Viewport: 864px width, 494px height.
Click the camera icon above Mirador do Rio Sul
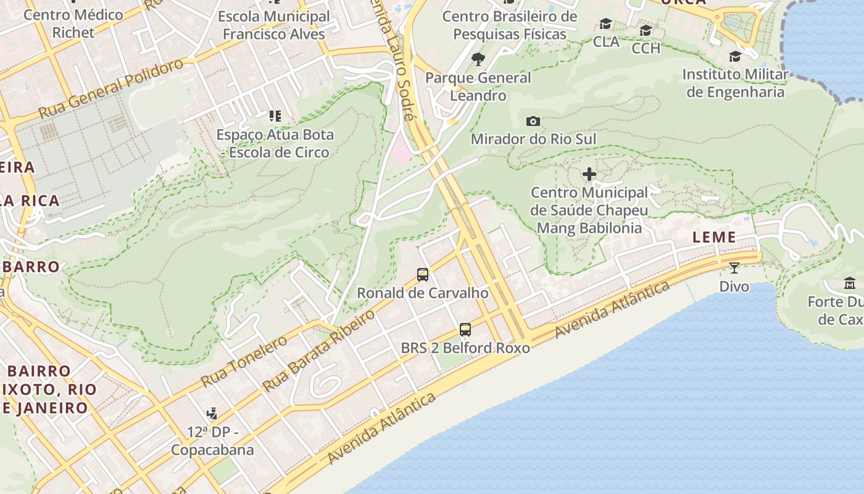(533, 121)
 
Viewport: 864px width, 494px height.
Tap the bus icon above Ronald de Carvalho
(423, 275)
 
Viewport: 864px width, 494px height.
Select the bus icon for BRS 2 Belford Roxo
(465, 330)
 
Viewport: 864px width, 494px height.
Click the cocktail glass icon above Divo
(734, 268)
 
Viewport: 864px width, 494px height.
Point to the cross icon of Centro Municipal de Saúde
(589, 175)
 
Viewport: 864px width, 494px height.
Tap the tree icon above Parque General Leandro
(478, 59)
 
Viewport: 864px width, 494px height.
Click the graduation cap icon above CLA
(606, 24)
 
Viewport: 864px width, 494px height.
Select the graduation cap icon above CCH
(646, 30)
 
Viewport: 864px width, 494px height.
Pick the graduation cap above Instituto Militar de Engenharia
(735, 57)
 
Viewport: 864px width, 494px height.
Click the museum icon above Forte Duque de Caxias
(850, 283)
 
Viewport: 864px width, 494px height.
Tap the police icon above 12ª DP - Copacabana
(212, 413)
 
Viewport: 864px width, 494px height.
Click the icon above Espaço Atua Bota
(275, 116)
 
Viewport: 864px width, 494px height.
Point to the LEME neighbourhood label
(714, 237)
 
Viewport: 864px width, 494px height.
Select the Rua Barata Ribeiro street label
(318, 351)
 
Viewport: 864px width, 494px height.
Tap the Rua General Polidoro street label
(111, 89)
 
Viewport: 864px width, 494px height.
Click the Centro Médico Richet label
(73, 23)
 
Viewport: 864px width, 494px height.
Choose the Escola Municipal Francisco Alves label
(274, 25)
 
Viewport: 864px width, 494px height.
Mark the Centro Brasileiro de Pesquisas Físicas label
(510, 25)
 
